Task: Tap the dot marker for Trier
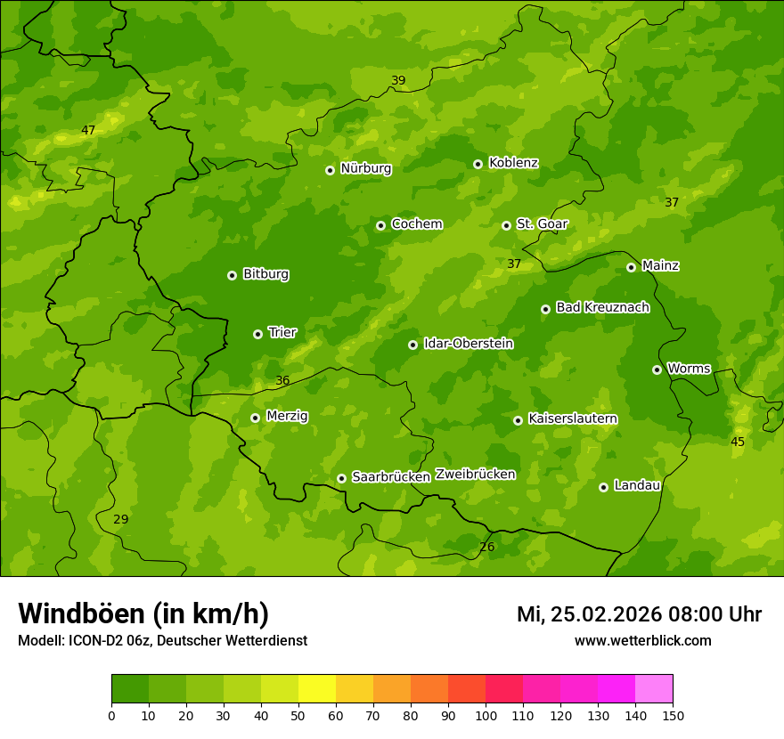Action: [257, 334]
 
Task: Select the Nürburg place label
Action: [365, 168]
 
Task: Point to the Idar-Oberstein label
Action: [468, 344]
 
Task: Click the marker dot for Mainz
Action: [631, 267]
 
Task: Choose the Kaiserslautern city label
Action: [572, 418]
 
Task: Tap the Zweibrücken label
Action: [475, 475]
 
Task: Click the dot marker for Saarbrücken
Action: [341, 478]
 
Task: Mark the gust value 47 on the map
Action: [88, 131]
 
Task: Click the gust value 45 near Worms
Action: [738, 443]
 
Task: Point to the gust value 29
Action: [120, 520]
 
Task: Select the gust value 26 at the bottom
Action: [486, 548]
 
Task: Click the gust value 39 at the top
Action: [398, 81]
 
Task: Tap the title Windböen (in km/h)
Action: [143, 614]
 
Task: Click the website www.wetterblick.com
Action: [642, 641]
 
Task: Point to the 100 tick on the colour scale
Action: [486, 715]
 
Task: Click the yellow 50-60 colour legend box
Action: [317, 689]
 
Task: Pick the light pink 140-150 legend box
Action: [654, 689]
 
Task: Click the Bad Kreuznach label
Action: [602, 307]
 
